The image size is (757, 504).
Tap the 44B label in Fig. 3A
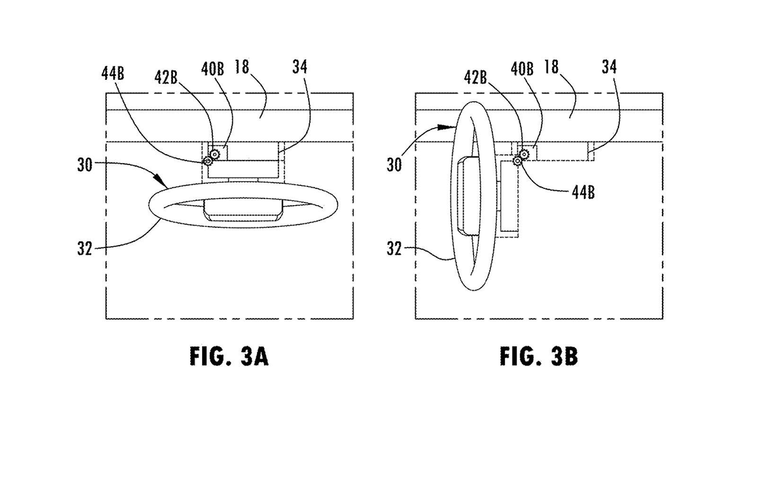113,74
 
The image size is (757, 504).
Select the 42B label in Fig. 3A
166,78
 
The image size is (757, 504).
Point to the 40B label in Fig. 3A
212,69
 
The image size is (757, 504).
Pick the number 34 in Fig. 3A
300,67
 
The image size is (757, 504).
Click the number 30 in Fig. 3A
85,165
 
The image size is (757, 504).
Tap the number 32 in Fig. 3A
85,249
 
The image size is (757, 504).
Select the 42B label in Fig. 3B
475,78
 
